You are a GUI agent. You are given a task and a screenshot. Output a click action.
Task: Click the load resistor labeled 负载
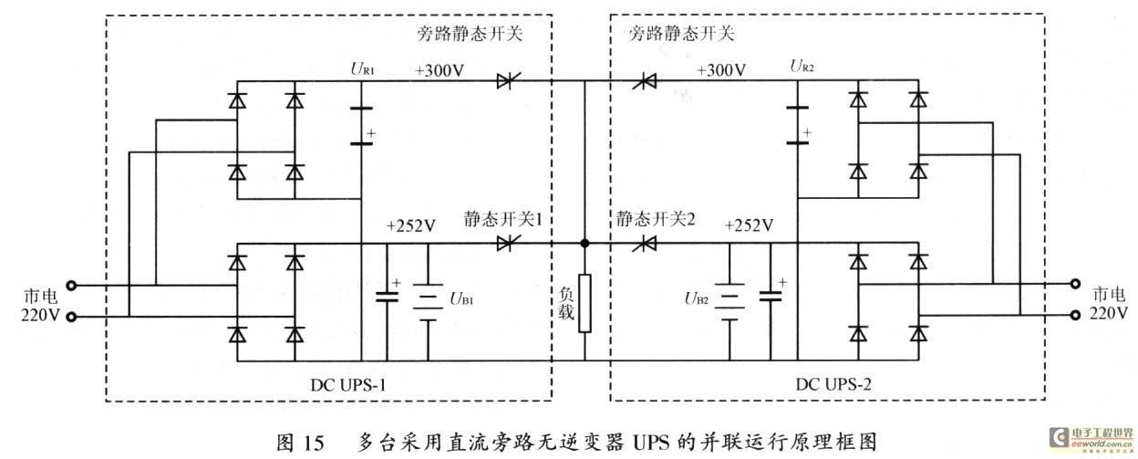tap(585, 303)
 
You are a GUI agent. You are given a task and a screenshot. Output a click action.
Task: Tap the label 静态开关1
tap(503, 219)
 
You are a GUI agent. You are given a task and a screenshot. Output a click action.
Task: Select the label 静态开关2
tap(656, 219)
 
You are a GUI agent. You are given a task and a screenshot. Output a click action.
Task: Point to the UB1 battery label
tap(461, 299)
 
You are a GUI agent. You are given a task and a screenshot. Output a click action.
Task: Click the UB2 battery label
tap(697, 298)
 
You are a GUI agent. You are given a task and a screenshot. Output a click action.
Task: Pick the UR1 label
tap(362, 68)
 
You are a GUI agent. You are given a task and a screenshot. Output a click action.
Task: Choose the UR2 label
tap(802, 66)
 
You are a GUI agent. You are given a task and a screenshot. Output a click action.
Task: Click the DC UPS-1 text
tap(348, 385)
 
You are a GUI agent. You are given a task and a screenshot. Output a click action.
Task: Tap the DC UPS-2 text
tap(833, 384)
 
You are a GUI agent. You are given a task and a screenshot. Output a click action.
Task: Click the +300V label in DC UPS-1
tap(440, 70)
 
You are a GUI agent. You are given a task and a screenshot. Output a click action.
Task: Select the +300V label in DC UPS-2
tap(721, 70)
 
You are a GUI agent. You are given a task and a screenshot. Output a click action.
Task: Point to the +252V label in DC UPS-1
tap(411, 225)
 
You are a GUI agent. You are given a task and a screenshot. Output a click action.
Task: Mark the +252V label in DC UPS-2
tap(749, 225)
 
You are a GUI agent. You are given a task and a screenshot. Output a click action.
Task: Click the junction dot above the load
tap(585, 243)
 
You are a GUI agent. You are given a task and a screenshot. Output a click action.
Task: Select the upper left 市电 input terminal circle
tap(72, 286)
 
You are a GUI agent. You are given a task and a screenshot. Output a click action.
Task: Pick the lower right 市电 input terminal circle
tap(1075, 315)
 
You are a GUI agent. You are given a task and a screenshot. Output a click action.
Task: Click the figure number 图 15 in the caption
tap(300, 443)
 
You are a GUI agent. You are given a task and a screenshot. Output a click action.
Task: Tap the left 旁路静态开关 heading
tap(470, 34)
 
